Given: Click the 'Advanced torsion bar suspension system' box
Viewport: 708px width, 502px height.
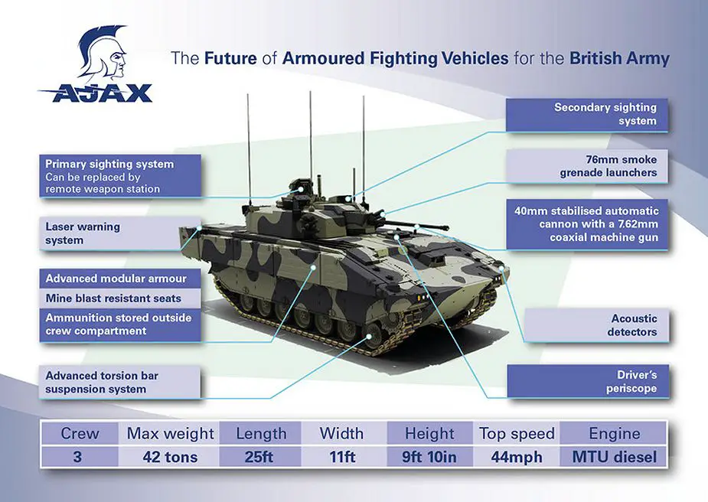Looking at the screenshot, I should coord(119,382).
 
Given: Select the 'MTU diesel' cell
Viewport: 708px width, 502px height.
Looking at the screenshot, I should coord(614,458).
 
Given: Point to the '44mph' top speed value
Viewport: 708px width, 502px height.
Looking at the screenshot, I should coord(516,458).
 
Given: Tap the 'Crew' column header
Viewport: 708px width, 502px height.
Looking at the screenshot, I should coord(80,434).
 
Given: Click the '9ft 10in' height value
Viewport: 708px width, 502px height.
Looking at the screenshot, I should coord(429,458).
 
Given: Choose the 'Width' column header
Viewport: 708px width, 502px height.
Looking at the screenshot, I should coord(341,434).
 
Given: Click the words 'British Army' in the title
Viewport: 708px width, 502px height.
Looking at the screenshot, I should coord(620,58).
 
